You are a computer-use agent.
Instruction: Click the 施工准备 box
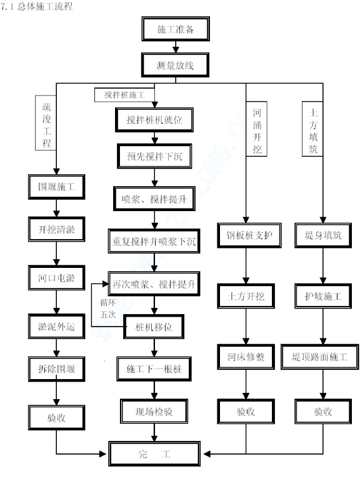(176, 29)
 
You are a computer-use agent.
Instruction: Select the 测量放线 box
(175, 65)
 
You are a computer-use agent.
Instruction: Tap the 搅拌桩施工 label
(124, 95)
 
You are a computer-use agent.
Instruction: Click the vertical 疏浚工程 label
(46, 123)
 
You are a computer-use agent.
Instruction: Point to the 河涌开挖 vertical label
(257, 129)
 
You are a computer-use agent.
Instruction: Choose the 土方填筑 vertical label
(312, 129)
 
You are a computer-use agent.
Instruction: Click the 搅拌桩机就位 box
(154, 120)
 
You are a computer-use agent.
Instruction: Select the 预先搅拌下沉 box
(154, 156)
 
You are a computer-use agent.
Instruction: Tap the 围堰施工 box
(56, 187)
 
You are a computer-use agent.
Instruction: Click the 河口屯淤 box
(56, 278)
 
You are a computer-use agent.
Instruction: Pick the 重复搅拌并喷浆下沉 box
(154, 241)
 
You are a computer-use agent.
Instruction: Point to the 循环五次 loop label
(108, 309)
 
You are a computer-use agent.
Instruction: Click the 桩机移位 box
(154, 327)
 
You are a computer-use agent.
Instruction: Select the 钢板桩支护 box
(249, 235)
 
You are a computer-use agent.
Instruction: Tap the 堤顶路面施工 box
(319, 357)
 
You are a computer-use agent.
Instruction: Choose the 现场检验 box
(154, 411)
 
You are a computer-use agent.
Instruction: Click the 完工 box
(154, 453)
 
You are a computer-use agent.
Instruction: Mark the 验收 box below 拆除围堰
(56, 418)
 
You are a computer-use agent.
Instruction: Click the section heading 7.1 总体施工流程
(37, 6)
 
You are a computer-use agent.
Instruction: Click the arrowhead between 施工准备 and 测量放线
(176, 49)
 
